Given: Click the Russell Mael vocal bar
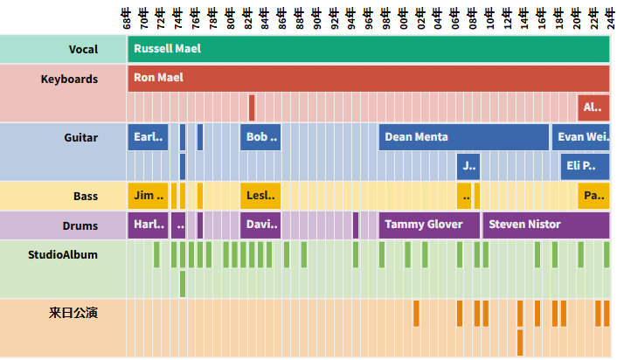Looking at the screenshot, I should [368, 49].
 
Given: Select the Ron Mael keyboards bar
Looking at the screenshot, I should [368, 78].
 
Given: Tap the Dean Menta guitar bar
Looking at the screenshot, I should [463, 137].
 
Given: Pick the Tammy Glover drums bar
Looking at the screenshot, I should [429, 225].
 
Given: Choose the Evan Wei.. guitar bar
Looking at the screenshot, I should [580, 137].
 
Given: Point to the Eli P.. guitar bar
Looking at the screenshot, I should [585, 166].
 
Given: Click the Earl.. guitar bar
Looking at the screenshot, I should [147, 137].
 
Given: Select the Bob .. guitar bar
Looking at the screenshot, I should [260, 137].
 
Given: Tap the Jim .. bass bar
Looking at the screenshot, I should [147, 195].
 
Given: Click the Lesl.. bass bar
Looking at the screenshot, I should [260, 195].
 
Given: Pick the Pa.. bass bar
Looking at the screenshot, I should [593, 195].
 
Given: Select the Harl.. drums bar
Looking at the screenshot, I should [147, 225].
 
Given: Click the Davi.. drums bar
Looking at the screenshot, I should [260, 225].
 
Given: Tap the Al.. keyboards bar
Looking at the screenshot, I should [593, 107].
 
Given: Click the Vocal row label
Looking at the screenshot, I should [84, 50].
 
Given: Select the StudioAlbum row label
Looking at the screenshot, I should [63, 255].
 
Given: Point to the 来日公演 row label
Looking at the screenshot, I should [73, 312].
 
